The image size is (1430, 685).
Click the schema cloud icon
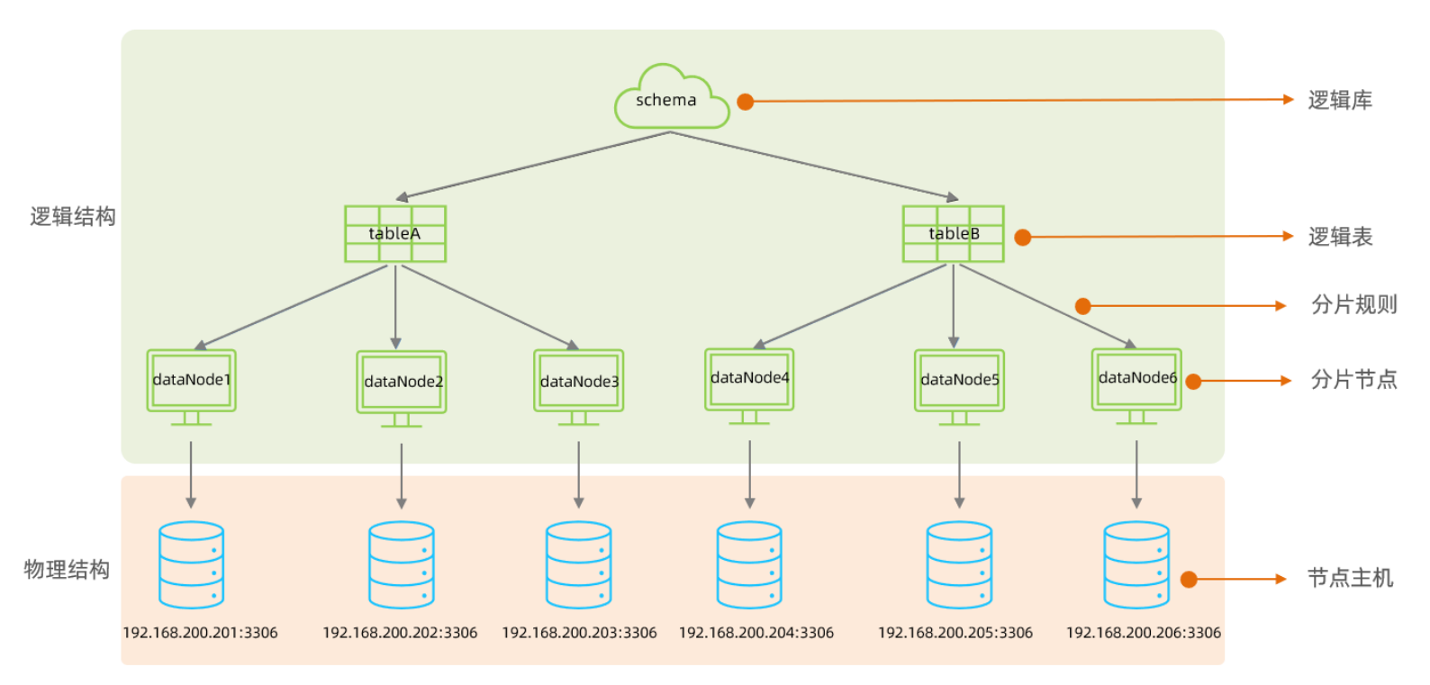(671, 97)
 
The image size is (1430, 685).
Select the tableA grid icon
(395, 234)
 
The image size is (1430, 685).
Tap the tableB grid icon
(954, 234)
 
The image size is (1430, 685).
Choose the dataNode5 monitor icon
(959, 384)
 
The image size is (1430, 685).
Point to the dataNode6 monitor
(1136, 383)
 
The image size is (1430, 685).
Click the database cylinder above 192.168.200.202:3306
(402, 565)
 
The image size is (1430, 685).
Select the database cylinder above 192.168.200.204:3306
(749, 565)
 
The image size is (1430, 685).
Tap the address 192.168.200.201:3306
(200, 633)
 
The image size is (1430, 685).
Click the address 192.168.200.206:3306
(1144, 633)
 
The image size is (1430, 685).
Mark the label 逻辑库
(1340, 101)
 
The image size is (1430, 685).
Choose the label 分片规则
(1353, 305)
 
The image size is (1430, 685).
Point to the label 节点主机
(1350, 578)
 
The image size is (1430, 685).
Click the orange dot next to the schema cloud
(746, 102)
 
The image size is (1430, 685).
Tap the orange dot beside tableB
(1023, 238)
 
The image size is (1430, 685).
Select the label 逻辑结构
(73, 217)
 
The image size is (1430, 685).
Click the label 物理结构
(67, 570)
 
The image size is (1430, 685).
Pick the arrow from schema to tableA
(533, 166)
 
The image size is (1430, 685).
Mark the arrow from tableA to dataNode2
(395, 306)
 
